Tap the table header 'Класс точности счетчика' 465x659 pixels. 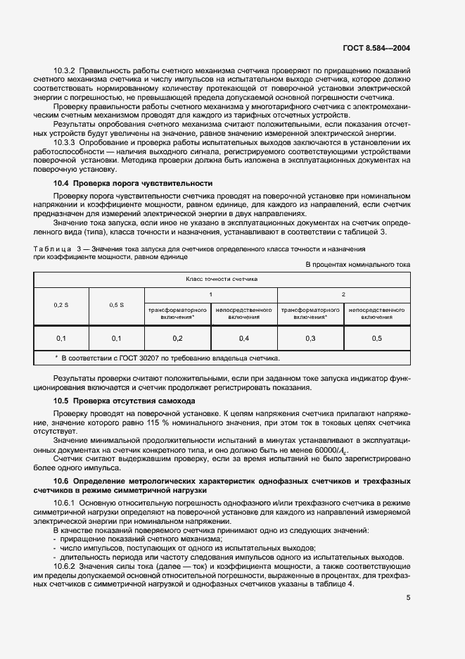click(x=222, y=279)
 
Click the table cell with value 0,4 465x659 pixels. click(x=244, y=339)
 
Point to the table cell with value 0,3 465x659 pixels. click(x=310, y=339)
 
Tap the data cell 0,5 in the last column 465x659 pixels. click(x=377, y=339)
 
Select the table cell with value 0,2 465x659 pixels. click(x=177, y=339)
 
